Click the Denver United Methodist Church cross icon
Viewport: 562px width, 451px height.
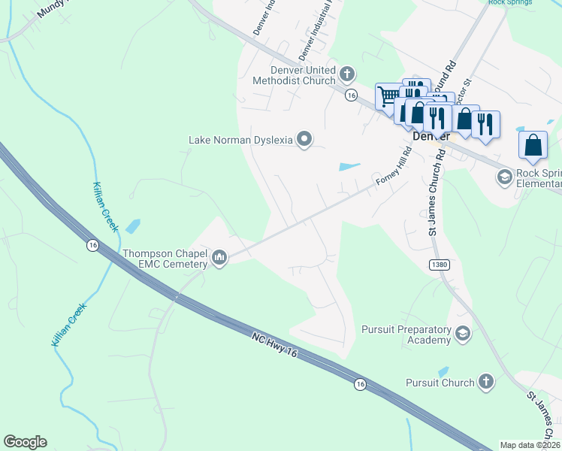[346, 74]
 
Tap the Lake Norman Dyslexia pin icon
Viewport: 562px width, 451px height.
[304, 139]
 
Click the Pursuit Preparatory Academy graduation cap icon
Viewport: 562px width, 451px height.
[463, 334]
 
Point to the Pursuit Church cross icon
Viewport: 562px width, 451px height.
[485, 382]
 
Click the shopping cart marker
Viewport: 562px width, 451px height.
[388, 96]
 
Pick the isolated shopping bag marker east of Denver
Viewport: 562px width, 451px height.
[532, 144]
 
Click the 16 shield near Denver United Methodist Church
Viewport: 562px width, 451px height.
[351, 95]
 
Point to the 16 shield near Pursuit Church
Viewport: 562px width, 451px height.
[361, 384]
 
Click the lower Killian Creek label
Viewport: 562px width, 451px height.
[69, 324]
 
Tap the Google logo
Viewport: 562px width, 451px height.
[25, 442]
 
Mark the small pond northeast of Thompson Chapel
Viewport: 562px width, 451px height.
[133, 225]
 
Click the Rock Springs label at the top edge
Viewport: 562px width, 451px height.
[510, 3]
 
